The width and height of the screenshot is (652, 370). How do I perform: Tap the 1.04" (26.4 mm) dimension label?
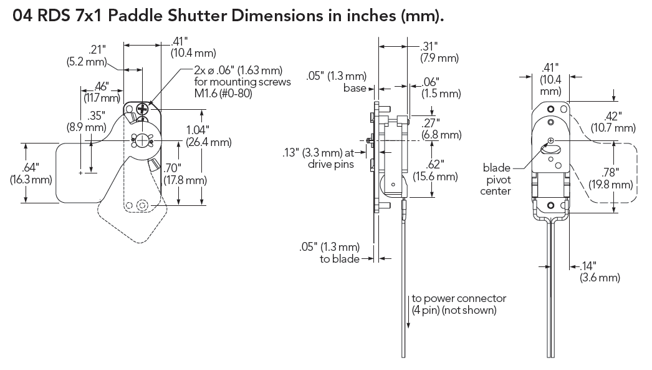[x=208, y=136]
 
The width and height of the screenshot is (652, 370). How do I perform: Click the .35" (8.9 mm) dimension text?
[x=87, y=120]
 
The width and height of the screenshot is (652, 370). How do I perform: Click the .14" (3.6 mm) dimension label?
[x=600, y=271]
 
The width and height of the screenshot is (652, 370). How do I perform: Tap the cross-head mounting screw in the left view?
[x=144, y=109]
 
